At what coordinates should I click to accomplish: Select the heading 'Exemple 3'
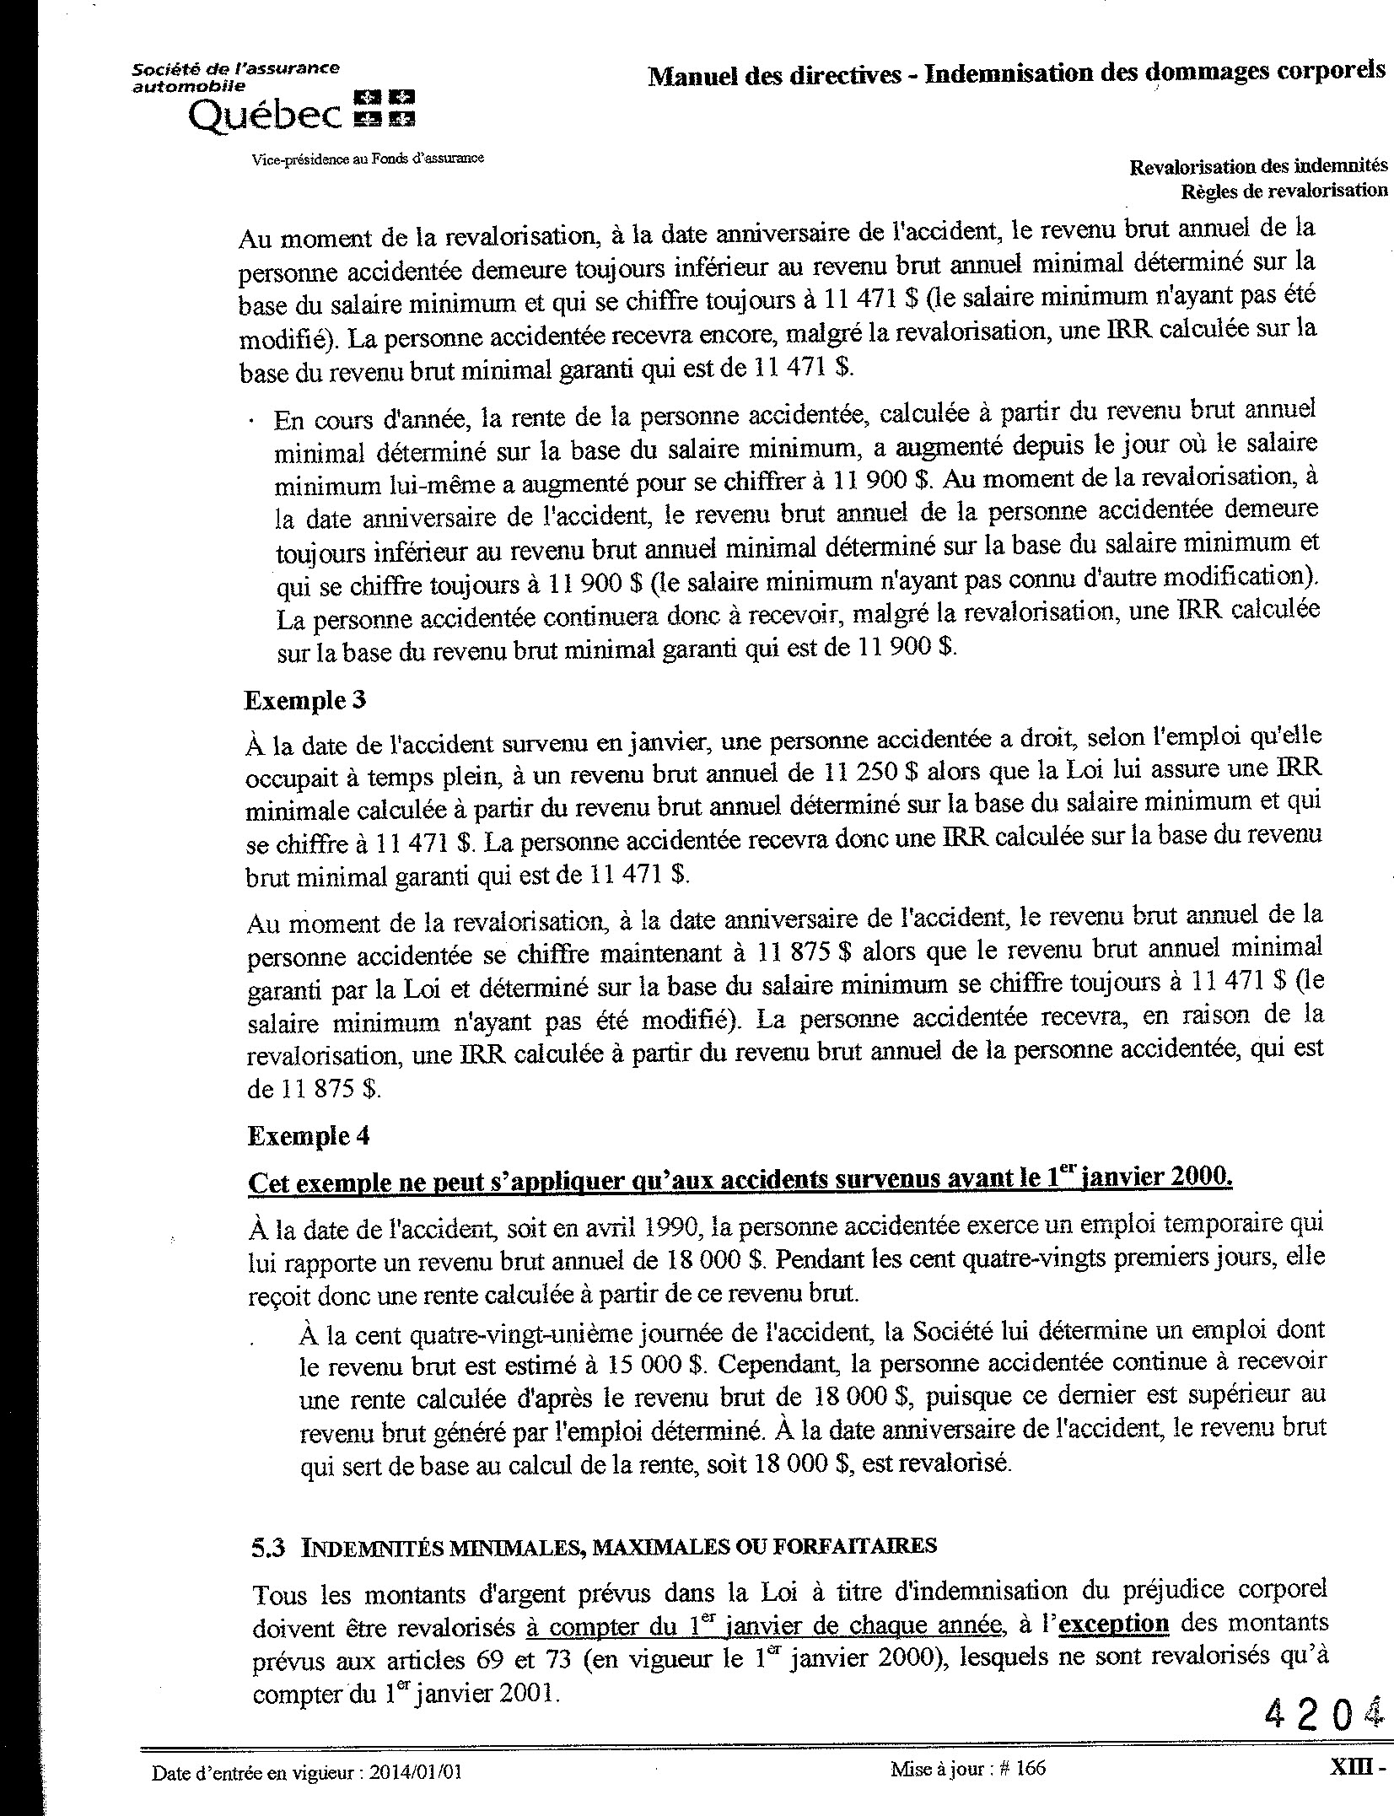[x=304, y=700]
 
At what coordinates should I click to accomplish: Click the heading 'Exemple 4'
[x=308, y=1136]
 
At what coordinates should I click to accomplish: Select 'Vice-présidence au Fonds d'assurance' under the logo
[x=368, y=158]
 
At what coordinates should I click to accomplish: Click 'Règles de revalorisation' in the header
[x=1284, y=191]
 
